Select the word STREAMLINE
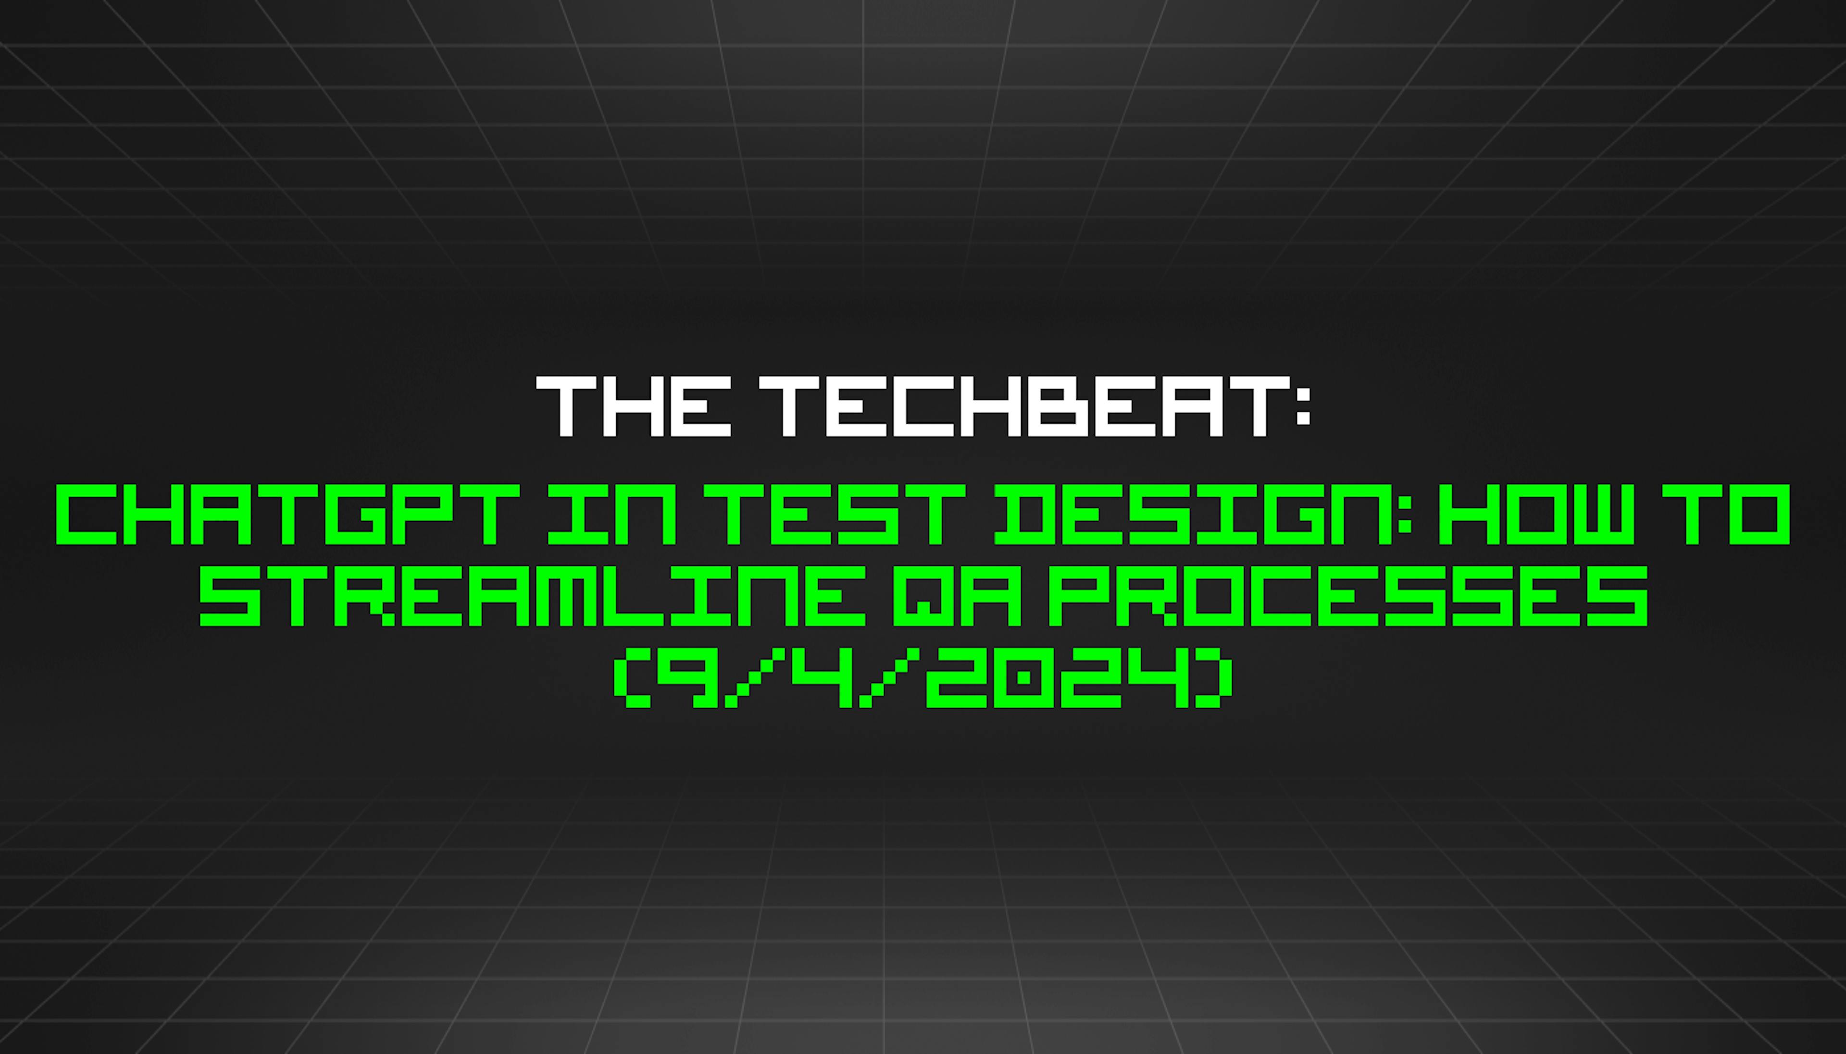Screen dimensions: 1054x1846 (532, 597)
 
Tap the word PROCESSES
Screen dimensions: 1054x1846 (1347, 597)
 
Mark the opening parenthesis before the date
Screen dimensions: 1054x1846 (629, 678)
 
